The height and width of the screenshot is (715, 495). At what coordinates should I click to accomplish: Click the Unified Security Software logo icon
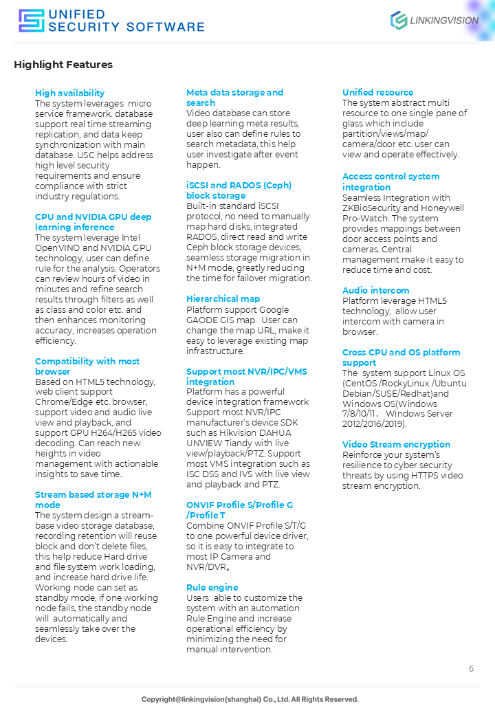(x=31, y=21)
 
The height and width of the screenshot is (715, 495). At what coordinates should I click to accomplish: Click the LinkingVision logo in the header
(x=434, y=21)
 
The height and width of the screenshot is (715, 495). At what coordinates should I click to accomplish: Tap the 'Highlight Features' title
(x=63, y=65)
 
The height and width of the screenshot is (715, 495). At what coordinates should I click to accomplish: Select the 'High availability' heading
(x=70, y=93)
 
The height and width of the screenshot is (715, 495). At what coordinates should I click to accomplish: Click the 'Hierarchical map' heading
(x=223, y=299)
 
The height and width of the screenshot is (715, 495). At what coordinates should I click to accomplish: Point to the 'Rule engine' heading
(x=212, y=588)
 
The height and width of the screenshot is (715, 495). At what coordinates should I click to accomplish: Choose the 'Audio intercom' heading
(x=375, y=291)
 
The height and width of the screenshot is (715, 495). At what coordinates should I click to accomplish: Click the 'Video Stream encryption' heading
(x=396, y=445)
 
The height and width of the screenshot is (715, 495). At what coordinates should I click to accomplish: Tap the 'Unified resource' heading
(x=377, y=93)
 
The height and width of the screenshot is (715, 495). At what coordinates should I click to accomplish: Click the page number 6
(x=471, y=669)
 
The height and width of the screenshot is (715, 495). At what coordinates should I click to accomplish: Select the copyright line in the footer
(x=250, y=699)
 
